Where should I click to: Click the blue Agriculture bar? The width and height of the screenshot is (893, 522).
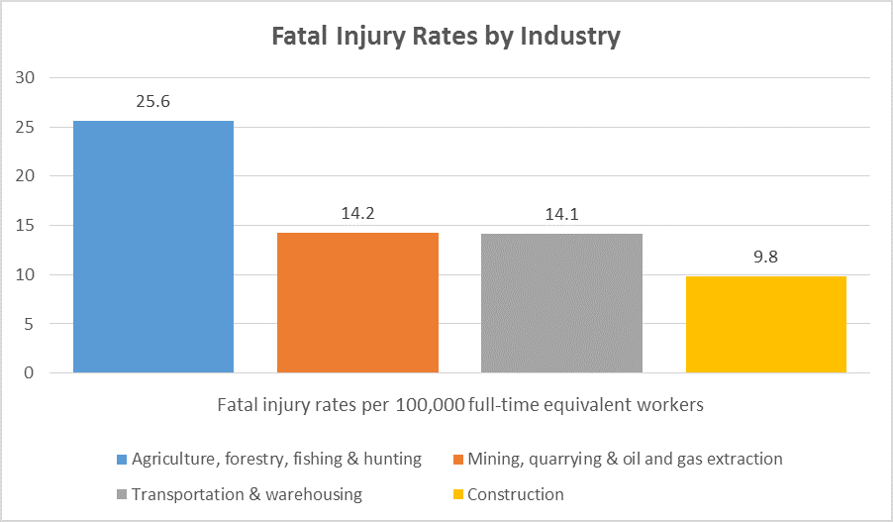tap(153, 247)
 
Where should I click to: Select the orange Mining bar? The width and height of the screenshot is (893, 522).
tap(357, 302)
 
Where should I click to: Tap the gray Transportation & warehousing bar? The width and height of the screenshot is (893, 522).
tap(561, 303)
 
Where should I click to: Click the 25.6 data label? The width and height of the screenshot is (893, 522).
tap(153, 102)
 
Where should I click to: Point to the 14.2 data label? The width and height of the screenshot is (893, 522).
tap(357, 214)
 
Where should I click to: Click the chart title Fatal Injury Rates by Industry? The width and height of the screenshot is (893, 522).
tap(446, 37)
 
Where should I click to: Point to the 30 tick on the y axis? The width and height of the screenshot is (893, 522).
tap(25, 78)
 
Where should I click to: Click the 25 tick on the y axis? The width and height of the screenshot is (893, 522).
tap(25, 128)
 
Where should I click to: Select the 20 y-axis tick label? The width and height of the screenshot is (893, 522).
tap(25, 176)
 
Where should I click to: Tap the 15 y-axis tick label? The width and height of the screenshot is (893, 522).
tap(25, 226)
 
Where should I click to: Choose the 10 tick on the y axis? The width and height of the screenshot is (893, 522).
tap(25, 274)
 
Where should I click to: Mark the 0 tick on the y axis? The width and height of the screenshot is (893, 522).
tap(29, 373)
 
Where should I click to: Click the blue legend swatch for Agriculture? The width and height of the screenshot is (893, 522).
tap(122, 460)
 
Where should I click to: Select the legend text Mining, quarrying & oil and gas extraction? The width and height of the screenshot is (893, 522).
tap(625, 460)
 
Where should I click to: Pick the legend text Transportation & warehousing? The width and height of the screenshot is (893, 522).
tap(247, 494)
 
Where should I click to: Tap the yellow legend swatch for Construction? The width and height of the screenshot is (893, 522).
tap(457, 494)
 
